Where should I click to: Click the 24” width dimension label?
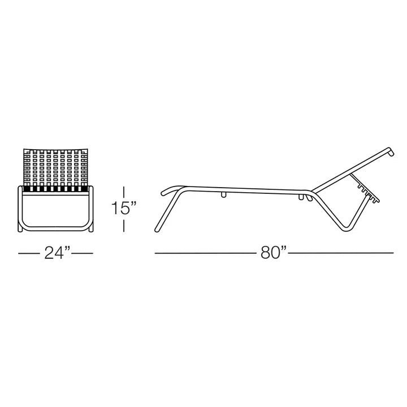click(57, 253)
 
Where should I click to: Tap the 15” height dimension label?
click(124, 208)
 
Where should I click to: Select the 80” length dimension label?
click(274, 253)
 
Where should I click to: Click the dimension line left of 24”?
click(29, 253)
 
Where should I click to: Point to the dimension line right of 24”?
click(83, 253)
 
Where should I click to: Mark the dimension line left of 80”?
click(206, 253)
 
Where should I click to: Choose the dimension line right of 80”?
click(341, 253)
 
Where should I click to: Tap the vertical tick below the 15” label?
click(124, 226)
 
